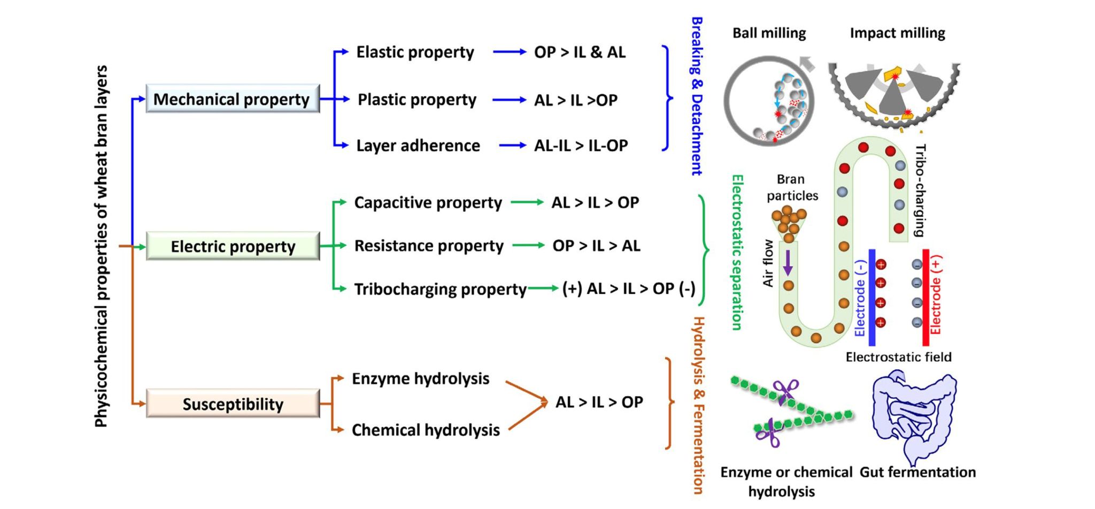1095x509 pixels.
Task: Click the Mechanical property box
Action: (233, 99)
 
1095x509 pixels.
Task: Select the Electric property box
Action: (233, 246)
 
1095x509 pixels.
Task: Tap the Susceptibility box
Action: (233, 404)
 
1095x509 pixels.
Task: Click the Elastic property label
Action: (415, 52)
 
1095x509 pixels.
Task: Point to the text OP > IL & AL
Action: (580, 52)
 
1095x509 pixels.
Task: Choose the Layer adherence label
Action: (418, 146)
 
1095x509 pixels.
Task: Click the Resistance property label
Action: (429, 246)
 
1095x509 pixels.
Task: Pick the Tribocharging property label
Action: (440, 289)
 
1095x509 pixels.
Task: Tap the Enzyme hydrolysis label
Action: (420, 379)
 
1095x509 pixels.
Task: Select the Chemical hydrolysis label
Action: (426, 430)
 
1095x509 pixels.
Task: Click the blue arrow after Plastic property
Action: (509, 100)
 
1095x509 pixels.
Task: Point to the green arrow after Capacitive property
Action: (527, 202)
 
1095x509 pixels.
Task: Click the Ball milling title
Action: (769, 33)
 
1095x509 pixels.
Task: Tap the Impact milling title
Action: (897, 33)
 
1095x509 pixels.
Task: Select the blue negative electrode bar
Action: (872, 297)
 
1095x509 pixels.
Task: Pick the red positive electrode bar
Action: (926, 297)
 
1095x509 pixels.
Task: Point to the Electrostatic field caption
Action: (898, 357)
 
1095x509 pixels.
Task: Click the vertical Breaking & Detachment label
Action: (697, 96)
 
